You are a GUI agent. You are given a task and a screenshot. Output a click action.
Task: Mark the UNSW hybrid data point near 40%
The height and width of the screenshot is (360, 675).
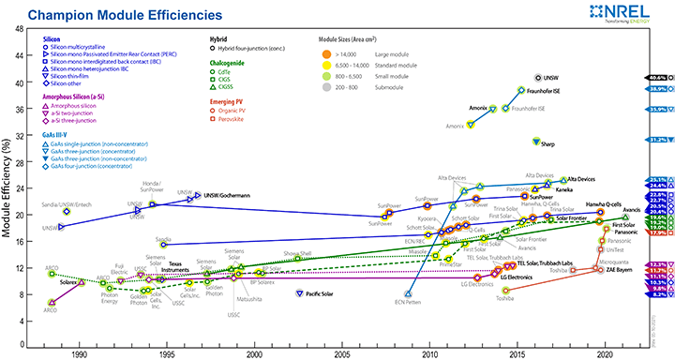pos(537,78)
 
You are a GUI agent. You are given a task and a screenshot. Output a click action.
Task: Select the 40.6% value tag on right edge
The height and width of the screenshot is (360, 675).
pos(655,77)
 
